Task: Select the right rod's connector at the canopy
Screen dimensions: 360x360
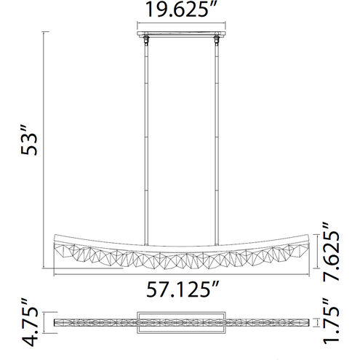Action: point(215,41)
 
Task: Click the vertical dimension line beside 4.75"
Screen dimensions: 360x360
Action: point(49,321)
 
